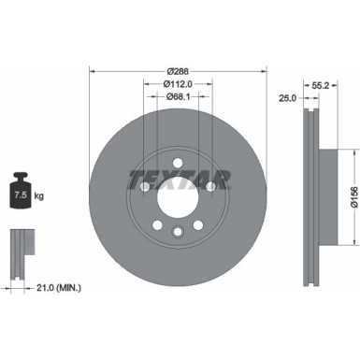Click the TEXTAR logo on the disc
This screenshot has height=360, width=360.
click(177, 178)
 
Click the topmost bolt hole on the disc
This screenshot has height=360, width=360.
click(177, 161)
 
